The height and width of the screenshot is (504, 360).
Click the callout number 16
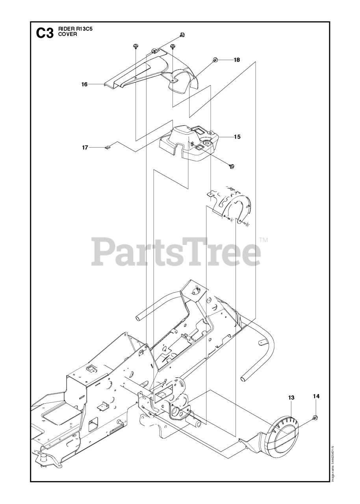(x=84, y=84)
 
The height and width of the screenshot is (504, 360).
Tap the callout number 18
(x=237, y=60)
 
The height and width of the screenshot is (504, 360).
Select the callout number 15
(x=237, y=137)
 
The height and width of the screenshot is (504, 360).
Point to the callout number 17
(x=85, y=148)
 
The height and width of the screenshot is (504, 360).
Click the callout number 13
(x=291, y=398)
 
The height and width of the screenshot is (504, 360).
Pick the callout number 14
(x=316, y=396)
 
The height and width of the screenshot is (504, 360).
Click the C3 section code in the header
(x=45, y=33)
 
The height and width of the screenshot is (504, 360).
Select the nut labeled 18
(x=215, y=60)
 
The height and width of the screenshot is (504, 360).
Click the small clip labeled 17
(x=108, y=147)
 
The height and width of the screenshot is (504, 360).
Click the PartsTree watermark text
(x=176, y=251)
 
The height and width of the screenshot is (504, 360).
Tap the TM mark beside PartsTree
(x=264, y=240)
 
